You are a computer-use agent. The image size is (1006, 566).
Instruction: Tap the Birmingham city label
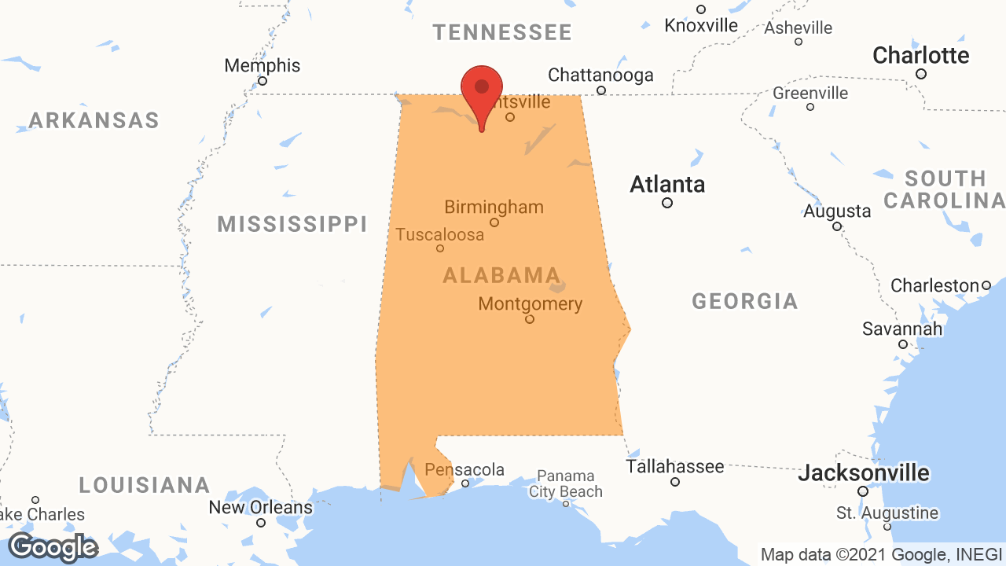(x=494, y=208)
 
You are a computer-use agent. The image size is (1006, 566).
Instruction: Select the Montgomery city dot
(x=530, y=319)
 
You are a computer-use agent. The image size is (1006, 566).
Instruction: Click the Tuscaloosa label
(x=440, y=234)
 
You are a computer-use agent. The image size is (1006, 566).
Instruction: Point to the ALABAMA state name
(x=501, y=275)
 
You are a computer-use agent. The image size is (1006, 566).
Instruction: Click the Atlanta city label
(x=667, y=185)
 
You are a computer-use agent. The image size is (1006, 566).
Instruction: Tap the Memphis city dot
(x=263, y=81)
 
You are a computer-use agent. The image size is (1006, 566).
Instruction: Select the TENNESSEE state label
(x=502, y=32)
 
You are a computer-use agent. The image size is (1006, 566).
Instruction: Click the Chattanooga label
(x=600, y=75)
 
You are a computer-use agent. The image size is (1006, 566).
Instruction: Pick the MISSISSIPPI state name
(x=292, y=224)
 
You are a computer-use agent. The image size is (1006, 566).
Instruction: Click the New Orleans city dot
(x=261, y=523)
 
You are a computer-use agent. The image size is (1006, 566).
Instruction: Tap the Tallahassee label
(x=675, y=466)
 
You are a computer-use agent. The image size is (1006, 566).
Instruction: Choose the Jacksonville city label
(x=864, y=473)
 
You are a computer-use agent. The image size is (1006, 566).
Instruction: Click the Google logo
(x=53, y=548)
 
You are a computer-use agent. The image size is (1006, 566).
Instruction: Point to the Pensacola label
(x=464, y=469)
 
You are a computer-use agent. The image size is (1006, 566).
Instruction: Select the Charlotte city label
(x=921, y=56)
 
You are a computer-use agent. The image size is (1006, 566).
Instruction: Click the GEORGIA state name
(x=745, y=301)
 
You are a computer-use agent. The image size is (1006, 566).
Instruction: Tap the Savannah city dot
(x=903, y=344)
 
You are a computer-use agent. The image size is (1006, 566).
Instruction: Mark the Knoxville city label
(x=701, y=25)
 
